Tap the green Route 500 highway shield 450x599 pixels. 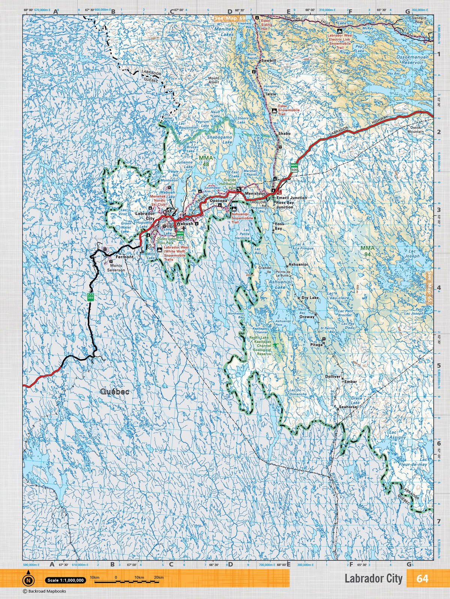coord(294,167)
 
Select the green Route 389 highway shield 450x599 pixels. coord(90,296)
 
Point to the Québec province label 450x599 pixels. coord(115,392)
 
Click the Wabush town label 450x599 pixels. coord(184,224)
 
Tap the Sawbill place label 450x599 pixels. coord(268,60)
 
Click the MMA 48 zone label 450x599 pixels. coord(206,161)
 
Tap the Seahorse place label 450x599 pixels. coord(346,407)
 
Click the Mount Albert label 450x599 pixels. coord(214,80)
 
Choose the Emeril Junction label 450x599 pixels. coord(291,198)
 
